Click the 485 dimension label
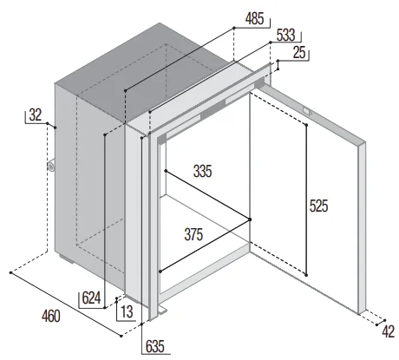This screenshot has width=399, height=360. pyautogui.click(x=254, y=18)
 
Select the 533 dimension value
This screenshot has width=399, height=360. pyautogui.click(x=285, y=35)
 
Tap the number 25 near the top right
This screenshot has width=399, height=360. pyautogui.click(x=299, y=53)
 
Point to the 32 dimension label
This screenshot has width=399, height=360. pyautogui.click(x=36, y=115)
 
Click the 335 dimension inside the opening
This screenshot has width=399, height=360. pyautogui.click(x=202, y=171)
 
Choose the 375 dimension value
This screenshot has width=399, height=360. pyautogui.click(x=193, y=234)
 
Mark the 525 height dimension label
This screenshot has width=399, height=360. pyautogui.click(x=318, y=206)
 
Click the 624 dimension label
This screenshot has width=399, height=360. pyautogui.click(x=91, y=298)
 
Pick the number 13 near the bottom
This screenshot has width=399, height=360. pyautogui.click(x=127, y=311)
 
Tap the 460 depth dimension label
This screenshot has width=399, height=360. pyautogui.click(x=51, y=316)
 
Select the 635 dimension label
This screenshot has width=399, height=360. pyautogui.click(x=155, y=346)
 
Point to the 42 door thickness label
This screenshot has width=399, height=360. pyautogui.click(x=389, y=331)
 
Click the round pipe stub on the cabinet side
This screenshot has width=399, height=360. pyautogui.click(x=51, y=167)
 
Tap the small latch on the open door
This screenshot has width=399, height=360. pyautogui.click(x=307, y=111)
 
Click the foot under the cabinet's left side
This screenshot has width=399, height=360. pyautogui.click(x=67, y=259)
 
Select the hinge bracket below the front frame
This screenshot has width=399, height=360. pyautogui.click(x=162, y=310)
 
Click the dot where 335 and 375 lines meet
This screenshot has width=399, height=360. pyautogui.click(x=250, y=219)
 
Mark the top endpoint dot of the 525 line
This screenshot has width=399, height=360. pyautogui.click(x=306, y=125)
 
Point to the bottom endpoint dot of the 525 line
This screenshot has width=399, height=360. pyautogui.click(x=306, y=275)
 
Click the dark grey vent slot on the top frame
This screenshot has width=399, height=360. pyautogui.click(x=213, y=108)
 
